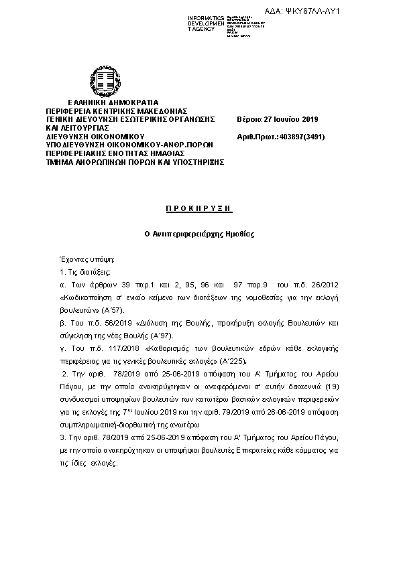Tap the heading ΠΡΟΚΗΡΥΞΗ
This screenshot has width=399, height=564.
[x=199, y=208]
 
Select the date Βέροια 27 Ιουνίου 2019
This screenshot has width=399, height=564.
[x=278, y=119]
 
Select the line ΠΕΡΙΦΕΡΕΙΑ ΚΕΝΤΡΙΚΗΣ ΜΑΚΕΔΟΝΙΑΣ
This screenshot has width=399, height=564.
[x=116, y=111]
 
